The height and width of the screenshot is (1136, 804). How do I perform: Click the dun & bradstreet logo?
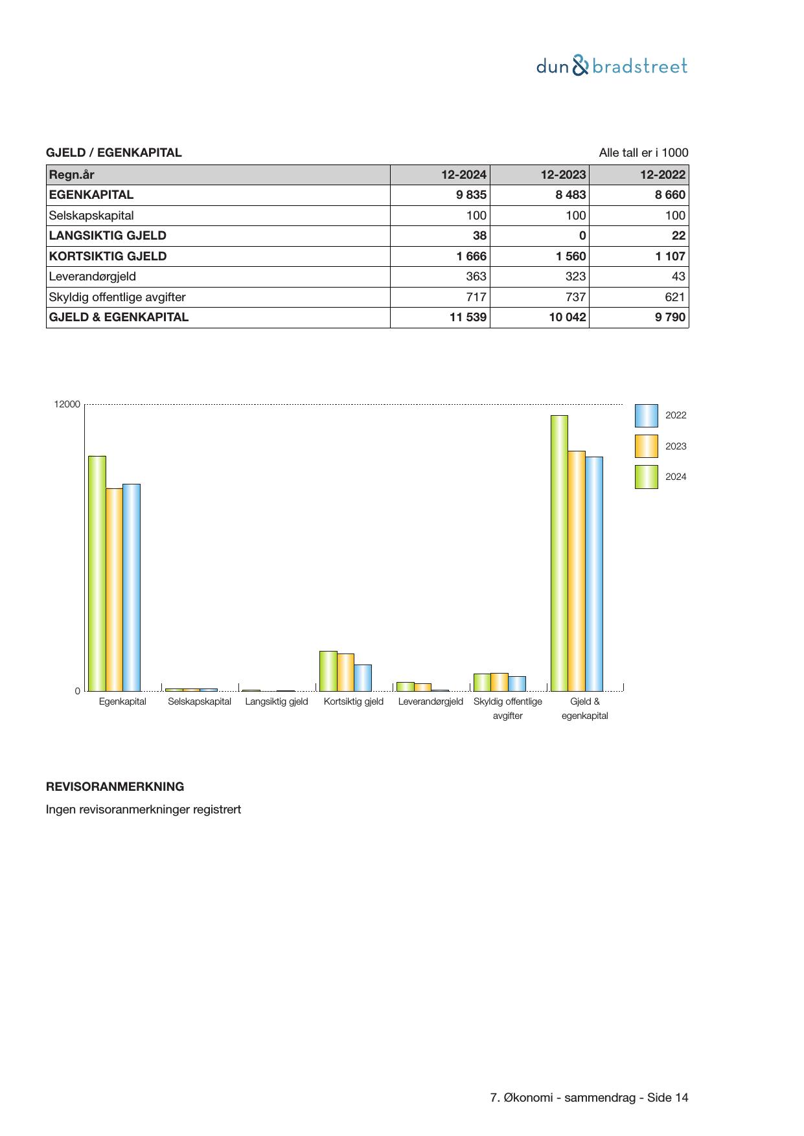pos(612,66)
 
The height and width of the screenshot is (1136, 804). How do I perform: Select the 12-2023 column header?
pos(563,174)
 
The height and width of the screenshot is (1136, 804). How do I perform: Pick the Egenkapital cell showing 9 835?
pos(471,195)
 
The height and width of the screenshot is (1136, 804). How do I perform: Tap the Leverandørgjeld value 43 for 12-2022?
pos(678,277)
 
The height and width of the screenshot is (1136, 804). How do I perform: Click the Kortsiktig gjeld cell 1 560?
pos(570,256)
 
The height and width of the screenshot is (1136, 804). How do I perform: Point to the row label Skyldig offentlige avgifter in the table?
pos(117,297)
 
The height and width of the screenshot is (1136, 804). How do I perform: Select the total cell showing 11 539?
pos(468,317)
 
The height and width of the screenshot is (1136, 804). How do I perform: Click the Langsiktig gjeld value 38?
pos(479,236)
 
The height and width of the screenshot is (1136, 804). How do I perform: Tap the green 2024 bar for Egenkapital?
pos(97,573)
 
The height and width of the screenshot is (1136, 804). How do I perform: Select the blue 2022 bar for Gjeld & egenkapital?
pos(594,574)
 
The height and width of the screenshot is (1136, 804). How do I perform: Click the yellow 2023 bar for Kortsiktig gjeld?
pos(345,672)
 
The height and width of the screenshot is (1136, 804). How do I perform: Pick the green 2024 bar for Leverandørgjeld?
pos(405,687)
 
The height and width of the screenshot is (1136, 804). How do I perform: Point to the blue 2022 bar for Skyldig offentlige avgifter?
pos(517,684)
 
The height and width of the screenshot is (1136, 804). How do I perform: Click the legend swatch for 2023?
pos(646,446)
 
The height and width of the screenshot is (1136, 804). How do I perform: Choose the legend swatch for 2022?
pos(646,416)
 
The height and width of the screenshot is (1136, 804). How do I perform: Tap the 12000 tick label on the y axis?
pos(67,405)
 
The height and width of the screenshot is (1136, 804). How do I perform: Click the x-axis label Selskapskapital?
pos(200,701)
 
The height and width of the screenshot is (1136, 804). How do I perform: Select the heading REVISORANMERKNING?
pos(115,787)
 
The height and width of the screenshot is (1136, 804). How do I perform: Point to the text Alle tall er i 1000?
pos(643,153)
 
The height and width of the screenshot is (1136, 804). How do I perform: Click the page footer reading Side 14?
pos(667,1098)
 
